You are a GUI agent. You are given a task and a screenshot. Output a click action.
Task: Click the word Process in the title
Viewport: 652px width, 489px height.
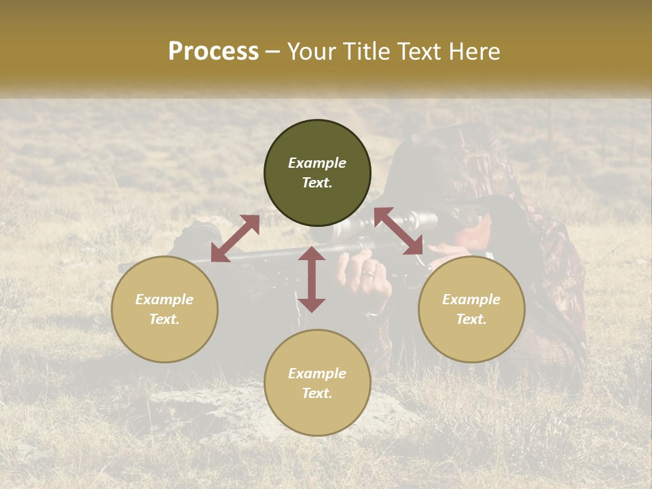[x=213, y=52]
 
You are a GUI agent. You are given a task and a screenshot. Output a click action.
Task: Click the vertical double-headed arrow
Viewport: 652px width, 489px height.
[x=312, y=279]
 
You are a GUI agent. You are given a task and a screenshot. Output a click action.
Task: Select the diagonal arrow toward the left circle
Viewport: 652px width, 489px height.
[x=235, y=238]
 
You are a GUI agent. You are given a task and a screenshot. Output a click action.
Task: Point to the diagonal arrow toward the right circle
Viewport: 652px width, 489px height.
[x=399, y=231]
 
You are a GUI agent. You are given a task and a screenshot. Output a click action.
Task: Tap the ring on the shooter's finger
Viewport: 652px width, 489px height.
[x=367, y=274]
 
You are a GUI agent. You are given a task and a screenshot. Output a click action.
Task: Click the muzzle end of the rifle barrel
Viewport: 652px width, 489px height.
[x=122, y=267]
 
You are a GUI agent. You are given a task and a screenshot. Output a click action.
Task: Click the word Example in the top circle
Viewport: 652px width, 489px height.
[x=317, y=163]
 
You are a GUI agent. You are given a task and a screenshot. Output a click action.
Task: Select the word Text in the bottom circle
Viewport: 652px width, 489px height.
[x=317, y=393]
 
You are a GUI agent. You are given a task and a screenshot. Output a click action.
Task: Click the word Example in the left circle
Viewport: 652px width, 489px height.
[x=164, y=300]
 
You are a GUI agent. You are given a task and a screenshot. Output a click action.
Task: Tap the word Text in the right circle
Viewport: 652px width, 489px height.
[x=471, y=319]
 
